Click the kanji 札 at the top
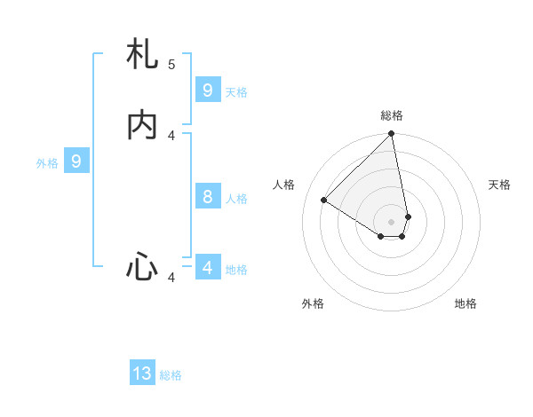click(142, 55)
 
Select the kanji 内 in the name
click(142, 126)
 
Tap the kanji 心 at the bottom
click(142, 266)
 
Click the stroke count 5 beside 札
click(171, 64)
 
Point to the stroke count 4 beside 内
click(171, 135)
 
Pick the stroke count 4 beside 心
click(171, 278)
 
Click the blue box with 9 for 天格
click(208, 90)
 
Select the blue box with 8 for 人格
click(208, 197)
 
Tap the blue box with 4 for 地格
click(208, 267)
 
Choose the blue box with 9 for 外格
click(76, 161)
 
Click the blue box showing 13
click(142, 374)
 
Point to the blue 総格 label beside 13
click(171, 375)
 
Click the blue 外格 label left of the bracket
click(47, 163)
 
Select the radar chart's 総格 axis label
click(392, 115)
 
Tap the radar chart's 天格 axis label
click(499, 185)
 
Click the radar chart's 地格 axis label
click(465, 303)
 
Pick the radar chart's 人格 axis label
click(284, 185)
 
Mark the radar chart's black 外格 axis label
click(313, 303)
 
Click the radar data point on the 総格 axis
click(392, 135)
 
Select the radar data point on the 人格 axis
click(324, 200)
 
